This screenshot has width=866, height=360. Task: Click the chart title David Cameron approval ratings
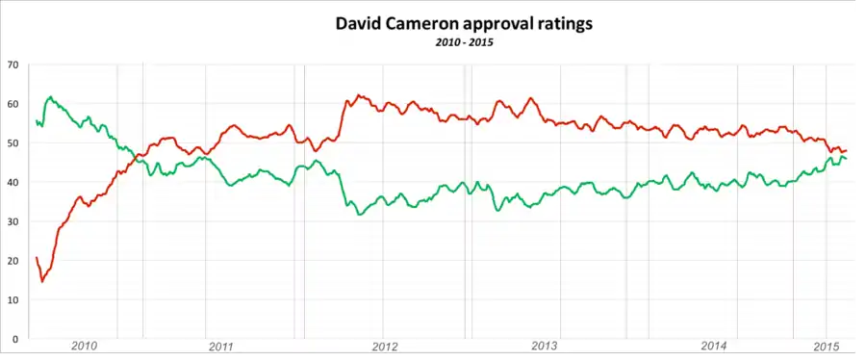[x=464, y=24]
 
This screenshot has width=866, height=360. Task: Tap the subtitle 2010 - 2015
[x=464, y=43]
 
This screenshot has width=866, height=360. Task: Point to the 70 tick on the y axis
[x=12, y=64]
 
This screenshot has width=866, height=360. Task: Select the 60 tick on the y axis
[x=12, y=104]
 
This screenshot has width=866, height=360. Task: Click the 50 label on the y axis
[x=12, y=143]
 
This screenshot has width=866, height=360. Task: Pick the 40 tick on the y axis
[x=12, y=182]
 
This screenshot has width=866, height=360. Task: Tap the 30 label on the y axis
[x=12, y=221]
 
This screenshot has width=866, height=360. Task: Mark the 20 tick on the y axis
[x=12, y=261]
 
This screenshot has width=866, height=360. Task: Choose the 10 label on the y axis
[x=12, y=299]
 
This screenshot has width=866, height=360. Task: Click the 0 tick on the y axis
[x=14, y=339]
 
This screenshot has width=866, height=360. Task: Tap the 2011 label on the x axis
[x=221, y=347]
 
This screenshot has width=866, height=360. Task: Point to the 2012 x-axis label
[x=385, y=347]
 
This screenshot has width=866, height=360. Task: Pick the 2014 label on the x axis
[x=714, y=347]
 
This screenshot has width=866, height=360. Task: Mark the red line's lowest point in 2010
[x=42, y=282]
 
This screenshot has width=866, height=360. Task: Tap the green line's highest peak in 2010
[x=50, y=96]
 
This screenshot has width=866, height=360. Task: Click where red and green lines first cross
[x=136, y=157]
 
